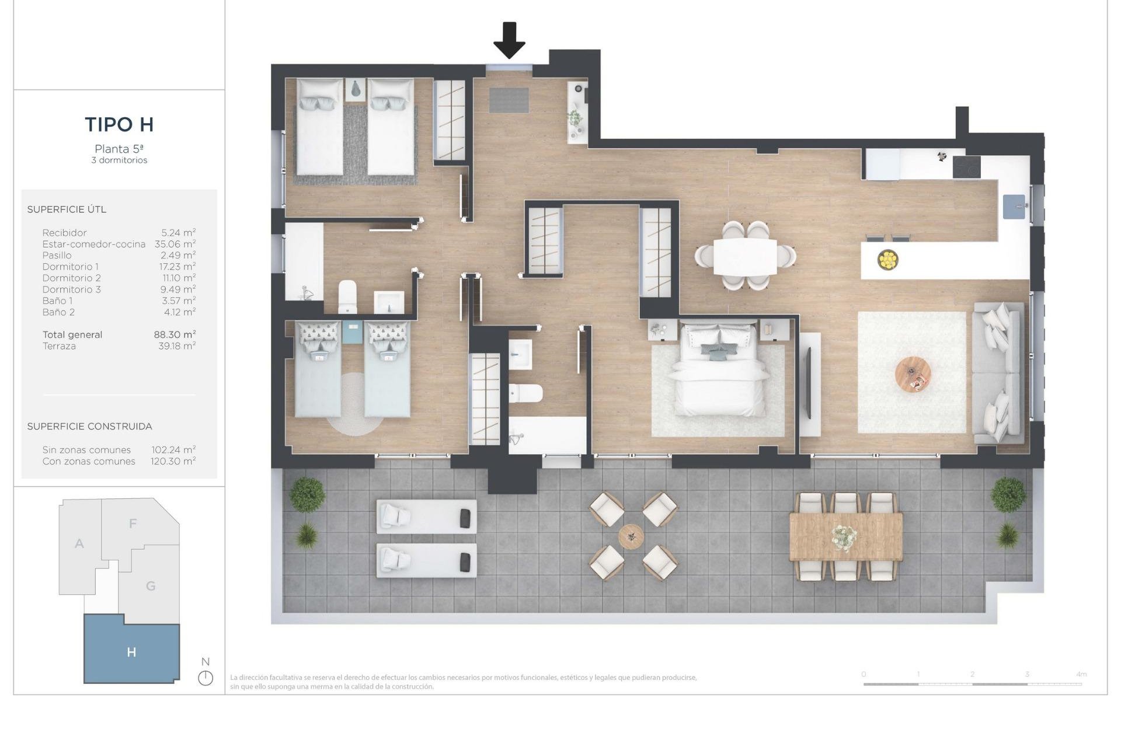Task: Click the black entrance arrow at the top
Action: (509, 40)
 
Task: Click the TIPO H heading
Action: (119, 124)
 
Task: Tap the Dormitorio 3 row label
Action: (71, 289)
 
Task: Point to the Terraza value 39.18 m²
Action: (177, 346)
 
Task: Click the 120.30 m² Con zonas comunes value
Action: (173, 461)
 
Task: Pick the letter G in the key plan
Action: (151, 586)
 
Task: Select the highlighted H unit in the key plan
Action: (131, 652)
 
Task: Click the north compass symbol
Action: (206, 678)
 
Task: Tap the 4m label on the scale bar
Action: (1081, 674)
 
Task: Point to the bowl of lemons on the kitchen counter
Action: (887, 259)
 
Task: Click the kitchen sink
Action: (1014, 207)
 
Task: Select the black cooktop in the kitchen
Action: (966, 167)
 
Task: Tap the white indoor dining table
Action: (745, 257)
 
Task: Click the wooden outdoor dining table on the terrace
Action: (845, 536)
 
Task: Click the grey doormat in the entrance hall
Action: (509, 100)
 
